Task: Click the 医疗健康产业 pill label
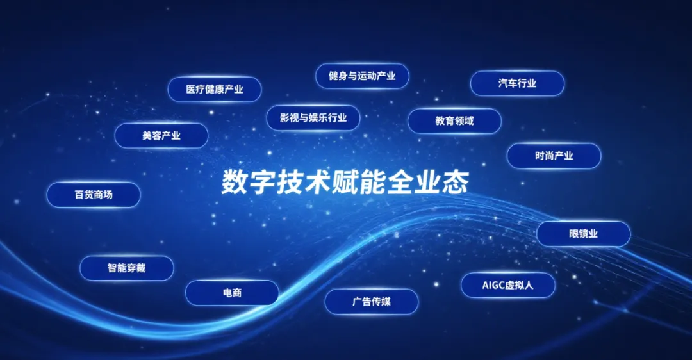click(215, 90)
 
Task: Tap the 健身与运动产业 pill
click(362, 76)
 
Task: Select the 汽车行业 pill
click(517, 83)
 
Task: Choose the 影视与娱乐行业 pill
click(313, 118)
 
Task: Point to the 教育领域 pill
click(454, 121)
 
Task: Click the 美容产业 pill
click(161, 135)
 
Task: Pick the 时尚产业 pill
click(554, 156)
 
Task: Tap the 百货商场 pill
click(94, 195)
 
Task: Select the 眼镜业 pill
click(584, 234)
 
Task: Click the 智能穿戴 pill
click(127, 268)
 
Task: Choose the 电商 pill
click(232, 293)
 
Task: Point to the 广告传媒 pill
click(372, 302)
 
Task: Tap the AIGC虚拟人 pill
click(508, 285)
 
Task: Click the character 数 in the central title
click(235, 182)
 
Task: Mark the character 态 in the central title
click(456, 182)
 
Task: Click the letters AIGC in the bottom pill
click(493, 286)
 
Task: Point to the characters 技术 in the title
click(304, 182)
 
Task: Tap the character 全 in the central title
click(400, 182)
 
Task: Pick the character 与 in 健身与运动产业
click(352, 76)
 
